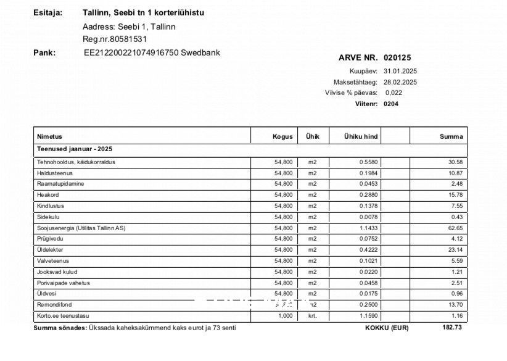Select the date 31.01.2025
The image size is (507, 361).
click(400, 71)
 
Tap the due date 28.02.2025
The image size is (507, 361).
click(400, 82)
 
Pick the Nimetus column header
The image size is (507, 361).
click(50, 136)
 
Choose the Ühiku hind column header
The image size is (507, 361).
click(361, 136)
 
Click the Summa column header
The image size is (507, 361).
click(451, 136)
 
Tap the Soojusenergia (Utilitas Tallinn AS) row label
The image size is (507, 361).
click(81, 228)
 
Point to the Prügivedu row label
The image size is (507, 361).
click(50, 238)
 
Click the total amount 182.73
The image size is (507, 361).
click(452, 327)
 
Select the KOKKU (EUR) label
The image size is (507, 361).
click(387, 328)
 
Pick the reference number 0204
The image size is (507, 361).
click(391, 104)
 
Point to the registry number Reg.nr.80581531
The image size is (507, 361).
click(115, 39)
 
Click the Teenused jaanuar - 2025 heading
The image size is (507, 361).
click(75, 149)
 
